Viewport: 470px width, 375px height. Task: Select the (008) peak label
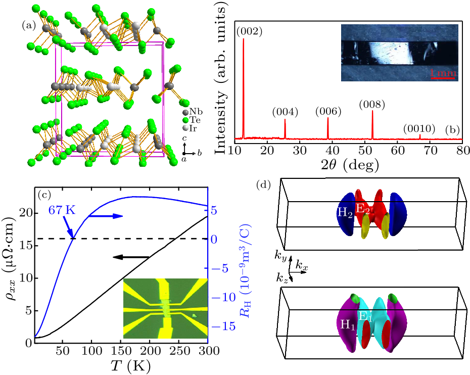[372, 105]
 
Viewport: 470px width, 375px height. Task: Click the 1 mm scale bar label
[444, 73]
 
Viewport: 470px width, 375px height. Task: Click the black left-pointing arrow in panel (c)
[126, 257]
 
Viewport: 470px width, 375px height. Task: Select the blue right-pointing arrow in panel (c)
[109, 216]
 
